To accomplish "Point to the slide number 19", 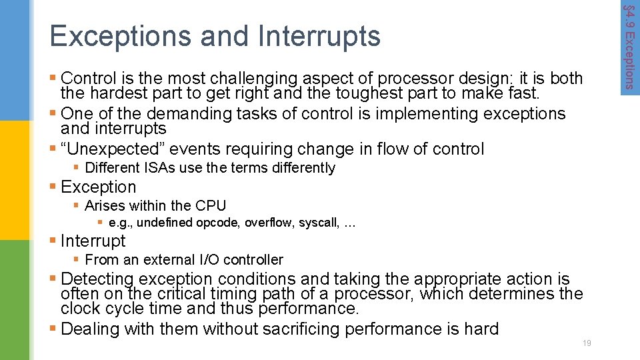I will [x=587, y=343].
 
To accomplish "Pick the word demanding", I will [x=188, y=114].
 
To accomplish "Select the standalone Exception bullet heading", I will [x=98, y=187].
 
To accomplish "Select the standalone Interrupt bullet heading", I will [x=93, y=241].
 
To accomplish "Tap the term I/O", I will [x=209, y=260].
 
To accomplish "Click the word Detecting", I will [x=98, y=279].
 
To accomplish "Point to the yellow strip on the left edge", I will [x=15, y=180].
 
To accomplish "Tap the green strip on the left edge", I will [x=15, y=300].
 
